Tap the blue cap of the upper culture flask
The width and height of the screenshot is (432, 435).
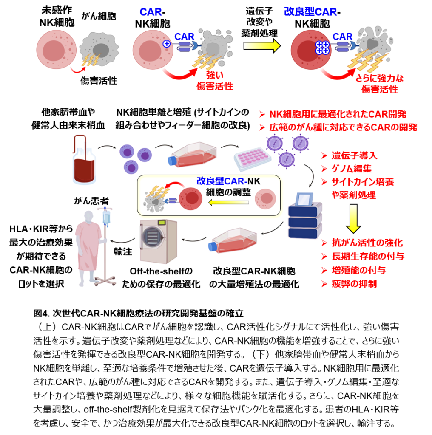point(172,161)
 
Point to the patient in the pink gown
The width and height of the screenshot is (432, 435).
point(91,246)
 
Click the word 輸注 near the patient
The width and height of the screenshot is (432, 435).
point(122,251)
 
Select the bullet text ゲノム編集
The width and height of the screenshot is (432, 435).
point(352,169)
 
